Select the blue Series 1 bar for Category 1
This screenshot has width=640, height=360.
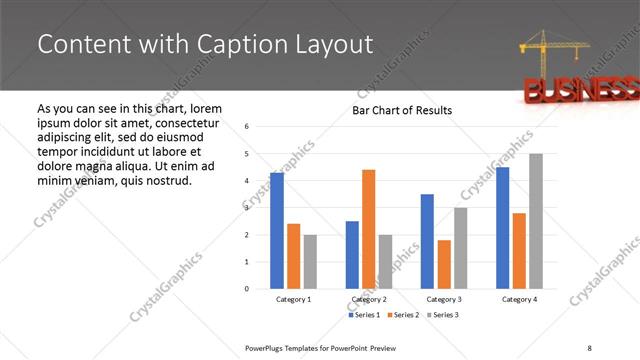[x=277, y=230]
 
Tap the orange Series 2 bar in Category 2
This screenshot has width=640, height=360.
[x=368, y=229]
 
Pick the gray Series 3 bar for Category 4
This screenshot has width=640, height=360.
[x=536, y=221]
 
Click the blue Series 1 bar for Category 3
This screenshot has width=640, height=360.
[x=427, y=241]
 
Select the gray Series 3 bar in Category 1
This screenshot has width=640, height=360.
[x=310, y=261]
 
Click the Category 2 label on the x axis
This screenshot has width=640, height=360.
[x=368, y=299]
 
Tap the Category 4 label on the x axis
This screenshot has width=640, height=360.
[x=519, y=299]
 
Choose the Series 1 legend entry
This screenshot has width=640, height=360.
[x=363, y=315]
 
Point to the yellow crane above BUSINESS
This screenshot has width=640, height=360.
[x=546, y=50]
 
